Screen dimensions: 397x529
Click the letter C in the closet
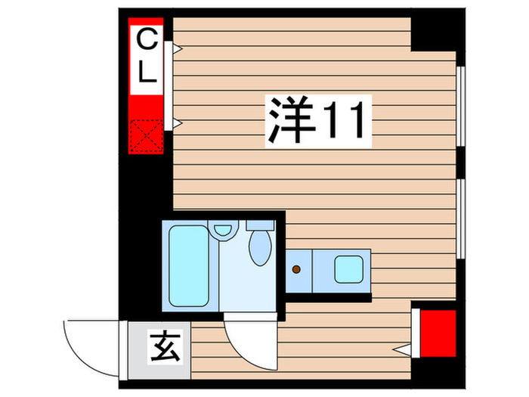coord(147,39)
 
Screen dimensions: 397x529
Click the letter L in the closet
coord(147,73)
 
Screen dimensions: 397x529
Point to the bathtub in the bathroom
coord(190,265)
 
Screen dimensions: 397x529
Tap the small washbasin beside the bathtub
coord(223,230)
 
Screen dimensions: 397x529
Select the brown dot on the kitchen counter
coord(297,269)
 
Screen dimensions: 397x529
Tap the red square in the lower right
coord(438,328)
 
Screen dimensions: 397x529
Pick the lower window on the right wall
coord(461,219)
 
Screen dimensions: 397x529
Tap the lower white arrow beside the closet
coord(177,123)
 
